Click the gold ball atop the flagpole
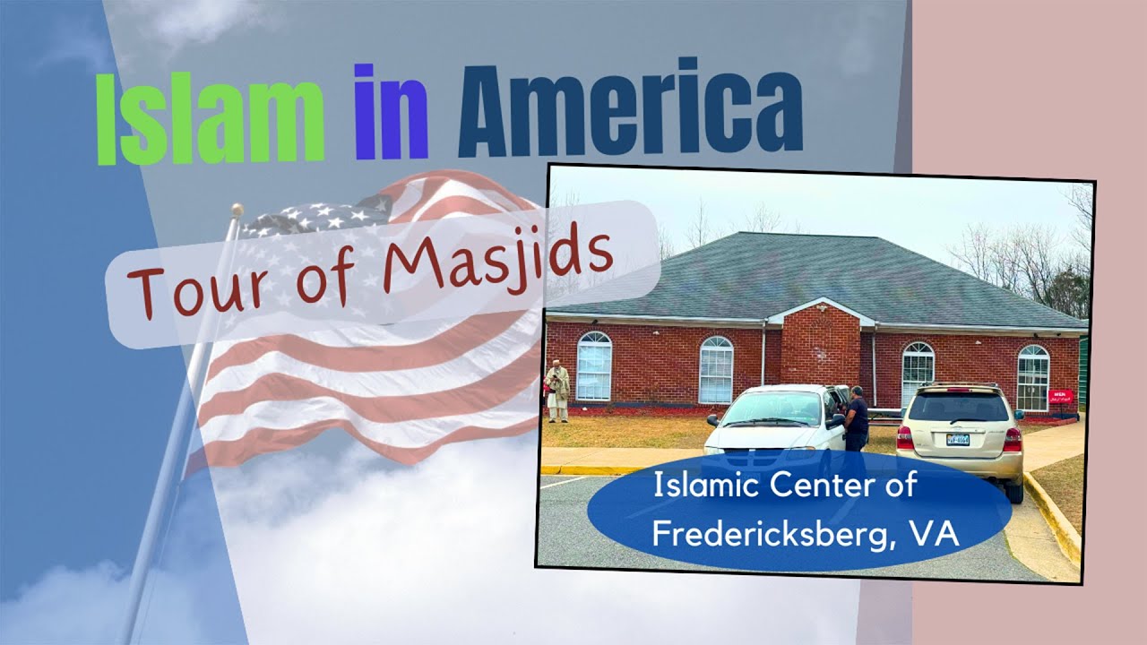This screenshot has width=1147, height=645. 237,210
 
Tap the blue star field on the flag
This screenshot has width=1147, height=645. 314,218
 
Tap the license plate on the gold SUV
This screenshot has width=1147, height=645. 958,439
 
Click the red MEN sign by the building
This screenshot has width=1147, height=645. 1060,396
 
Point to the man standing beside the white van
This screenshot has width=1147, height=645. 856,419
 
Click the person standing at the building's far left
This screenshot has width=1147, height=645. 558,390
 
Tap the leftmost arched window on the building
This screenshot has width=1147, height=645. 594,365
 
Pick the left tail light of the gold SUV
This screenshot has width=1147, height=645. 905,438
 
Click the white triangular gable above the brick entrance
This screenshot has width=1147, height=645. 820,312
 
